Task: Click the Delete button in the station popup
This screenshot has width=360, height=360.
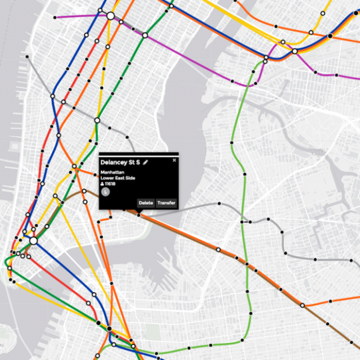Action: (146, 203)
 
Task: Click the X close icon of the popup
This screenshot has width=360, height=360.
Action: (174, 160)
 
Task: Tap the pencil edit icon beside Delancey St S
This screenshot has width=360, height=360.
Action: (146, 162)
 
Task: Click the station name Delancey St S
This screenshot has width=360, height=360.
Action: (120, 162)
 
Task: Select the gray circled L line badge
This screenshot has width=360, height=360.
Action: (105, 192)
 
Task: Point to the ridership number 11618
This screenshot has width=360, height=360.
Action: (110, 184)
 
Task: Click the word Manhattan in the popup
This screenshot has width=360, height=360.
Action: (112, 172)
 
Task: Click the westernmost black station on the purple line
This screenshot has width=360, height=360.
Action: (55, 17)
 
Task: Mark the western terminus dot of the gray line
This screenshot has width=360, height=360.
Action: (26, 56)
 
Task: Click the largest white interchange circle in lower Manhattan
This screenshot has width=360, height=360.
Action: (33, 240)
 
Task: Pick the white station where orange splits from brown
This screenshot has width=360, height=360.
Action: (303, 305)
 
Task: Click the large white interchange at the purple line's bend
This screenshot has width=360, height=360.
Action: (111, 16)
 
